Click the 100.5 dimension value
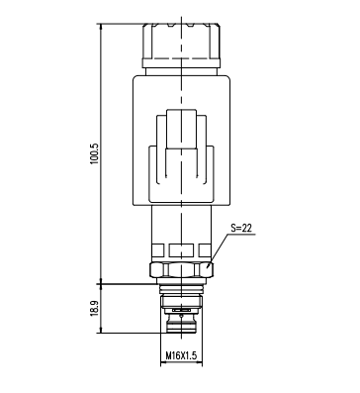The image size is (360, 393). click(95, 153)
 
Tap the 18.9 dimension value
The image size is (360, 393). click(95, 308)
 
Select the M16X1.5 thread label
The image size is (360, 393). click(181, 355)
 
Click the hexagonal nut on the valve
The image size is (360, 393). click(181, 269)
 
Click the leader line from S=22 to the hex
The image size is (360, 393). click(219, 250)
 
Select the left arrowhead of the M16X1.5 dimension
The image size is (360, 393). click(162, 363)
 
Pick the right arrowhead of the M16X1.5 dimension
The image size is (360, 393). click(200, 363)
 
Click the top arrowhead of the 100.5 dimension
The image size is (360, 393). click(101, 26)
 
